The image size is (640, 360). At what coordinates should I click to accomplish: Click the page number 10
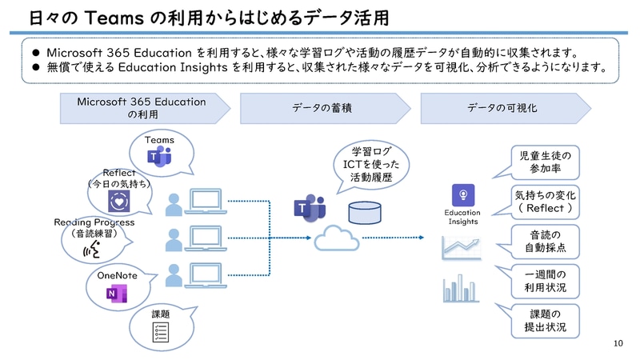pos(617,344)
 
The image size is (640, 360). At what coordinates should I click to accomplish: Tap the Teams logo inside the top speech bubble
pos(161,158)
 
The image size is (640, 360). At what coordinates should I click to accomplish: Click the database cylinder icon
pos(365,212)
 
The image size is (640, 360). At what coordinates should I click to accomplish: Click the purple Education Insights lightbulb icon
pos(462,194)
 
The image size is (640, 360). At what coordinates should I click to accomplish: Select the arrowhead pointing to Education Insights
pos(421,238)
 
